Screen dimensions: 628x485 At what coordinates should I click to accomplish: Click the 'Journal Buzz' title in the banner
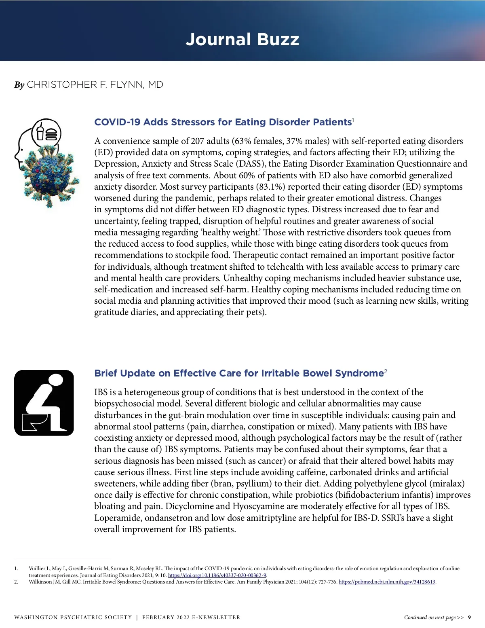click(x=242, y=40)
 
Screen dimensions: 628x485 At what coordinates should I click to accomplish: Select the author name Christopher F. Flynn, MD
click(x=95, y=85)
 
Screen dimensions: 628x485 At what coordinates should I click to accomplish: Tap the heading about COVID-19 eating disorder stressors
click(x=223, y=122)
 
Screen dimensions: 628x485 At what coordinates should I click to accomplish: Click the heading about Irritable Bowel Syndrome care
click(x=239, y=373)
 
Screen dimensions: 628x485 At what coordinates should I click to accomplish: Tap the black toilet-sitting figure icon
click(x=44, y=403)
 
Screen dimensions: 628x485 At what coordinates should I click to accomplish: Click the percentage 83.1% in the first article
click(x=270, y=187)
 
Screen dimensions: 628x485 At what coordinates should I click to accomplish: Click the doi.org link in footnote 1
click(x=217, y=575)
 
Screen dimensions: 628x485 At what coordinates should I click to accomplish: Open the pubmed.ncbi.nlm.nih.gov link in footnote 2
click(x=387, y=582)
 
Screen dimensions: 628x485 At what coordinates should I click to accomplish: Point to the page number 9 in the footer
click(x=469, y=617)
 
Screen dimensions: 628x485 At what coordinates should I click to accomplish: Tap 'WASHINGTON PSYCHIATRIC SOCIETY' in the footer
click(x=73, y=617)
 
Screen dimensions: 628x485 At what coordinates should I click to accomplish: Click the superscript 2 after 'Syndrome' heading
click(x=386, y=371)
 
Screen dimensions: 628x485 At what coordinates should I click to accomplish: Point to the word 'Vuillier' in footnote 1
click(x=37, y=569)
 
